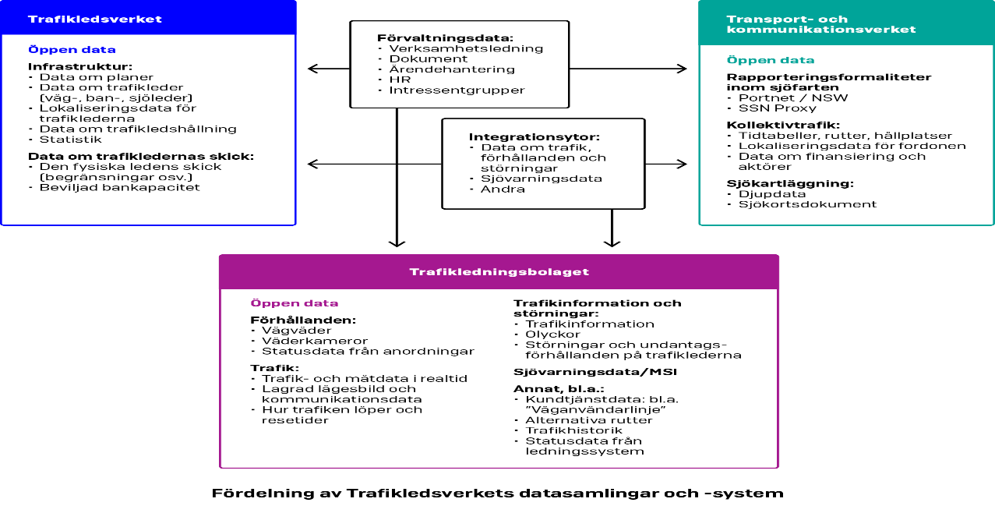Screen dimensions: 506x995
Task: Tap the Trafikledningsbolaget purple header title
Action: pos(499,272)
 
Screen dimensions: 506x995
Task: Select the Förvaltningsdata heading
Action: pos(445,37)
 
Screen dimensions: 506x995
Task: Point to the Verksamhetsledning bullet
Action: pos(465,48)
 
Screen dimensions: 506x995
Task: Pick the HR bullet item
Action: pos(399,80)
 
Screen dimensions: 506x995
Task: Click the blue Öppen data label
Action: pos(72,50)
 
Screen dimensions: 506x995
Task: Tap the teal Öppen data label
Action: pos(770,60)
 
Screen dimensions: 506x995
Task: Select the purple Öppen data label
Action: pos(294,303)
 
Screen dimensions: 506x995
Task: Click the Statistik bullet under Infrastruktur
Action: pos(70,140)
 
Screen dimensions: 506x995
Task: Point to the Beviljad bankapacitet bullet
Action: pos(119,187)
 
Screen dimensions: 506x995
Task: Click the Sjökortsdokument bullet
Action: pos(806,204)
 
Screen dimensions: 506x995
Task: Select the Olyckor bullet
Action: pos(552,334)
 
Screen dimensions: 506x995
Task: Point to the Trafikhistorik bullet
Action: pos(573,430)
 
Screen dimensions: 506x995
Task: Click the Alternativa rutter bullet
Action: pos(588,420)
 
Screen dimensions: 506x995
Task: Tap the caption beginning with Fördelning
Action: pos(497,493)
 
